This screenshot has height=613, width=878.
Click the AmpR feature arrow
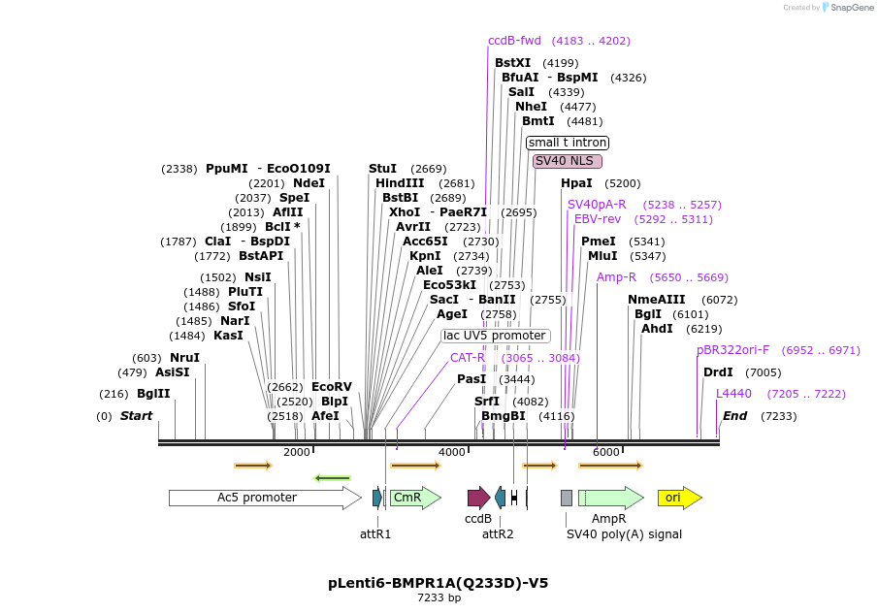point(611,498)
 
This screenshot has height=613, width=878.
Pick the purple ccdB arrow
point(478,498)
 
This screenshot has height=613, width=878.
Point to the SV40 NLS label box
point(567,161)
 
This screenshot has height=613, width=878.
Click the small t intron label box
point(568,143)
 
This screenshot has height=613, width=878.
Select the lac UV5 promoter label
point(495,336)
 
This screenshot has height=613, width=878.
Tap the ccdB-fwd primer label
point(514,41)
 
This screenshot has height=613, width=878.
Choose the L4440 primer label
point(733,394)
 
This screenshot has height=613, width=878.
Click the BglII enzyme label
point(153,394)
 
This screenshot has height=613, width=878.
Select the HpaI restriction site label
point(576,183)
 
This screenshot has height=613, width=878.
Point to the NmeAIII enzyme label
point(657,300)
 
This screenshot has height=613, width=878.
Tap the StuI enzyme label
point(382,169)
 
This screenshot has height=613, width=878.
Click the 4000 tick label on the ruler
point(451,453)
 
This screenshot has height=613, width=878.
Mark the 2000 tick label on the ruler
point(297,453)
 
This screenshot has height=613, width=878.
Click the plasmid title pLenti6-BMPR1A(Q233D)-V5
point(439,583)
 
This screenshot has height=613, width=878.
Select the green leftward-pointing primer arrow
point(333,478)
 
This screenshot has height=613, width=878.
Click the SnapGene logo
point(840,8)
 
